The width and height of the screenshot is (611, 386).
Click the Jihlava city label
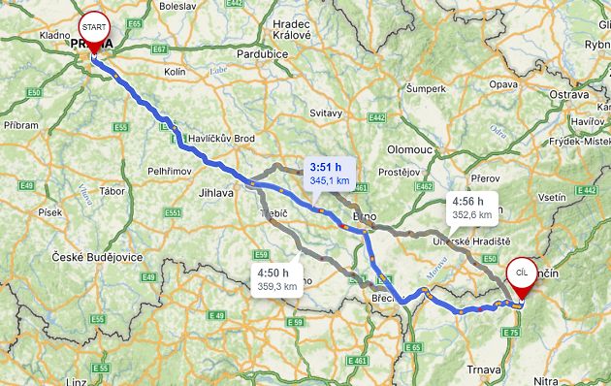(x=214, y=193)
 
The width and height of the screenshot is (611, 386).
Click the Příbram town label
(x=21, y=125)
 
